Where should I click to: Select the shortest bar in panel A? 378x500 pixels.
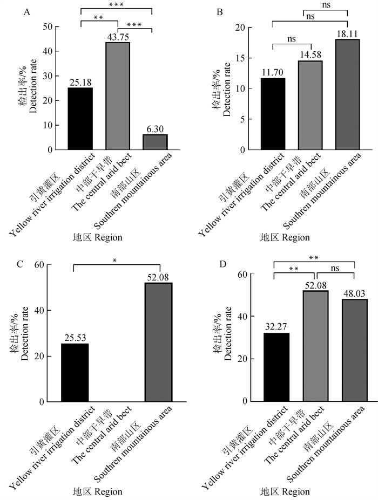pyautogui.click(x=154, y=142)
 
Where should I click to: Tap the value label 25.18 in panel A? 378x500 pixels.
pyautogui.click(x=80, y=83)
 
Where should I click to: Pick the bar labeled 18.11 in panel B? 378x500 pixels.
pyautogui.click(x=348, y=94)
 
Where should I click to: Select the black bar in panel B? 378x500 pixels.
pyautogui.click(x=273, y=114)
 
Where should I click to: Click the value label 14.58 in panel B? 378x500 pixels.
pyautogui.click(x=310, y=55)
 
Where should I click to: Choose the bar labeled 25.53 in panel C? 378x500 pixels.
pyautogui.click(x=76, y=373)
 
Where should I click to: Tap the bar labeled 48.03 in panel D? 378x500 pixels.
pyautogui.click(x=354, y=350)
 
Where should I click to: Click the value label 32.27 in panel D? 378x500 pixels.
pyautogui.click(x=276, y=327)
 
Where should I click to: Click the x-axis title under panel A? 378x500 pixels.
pyautogui.click(x=97, y=237)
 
